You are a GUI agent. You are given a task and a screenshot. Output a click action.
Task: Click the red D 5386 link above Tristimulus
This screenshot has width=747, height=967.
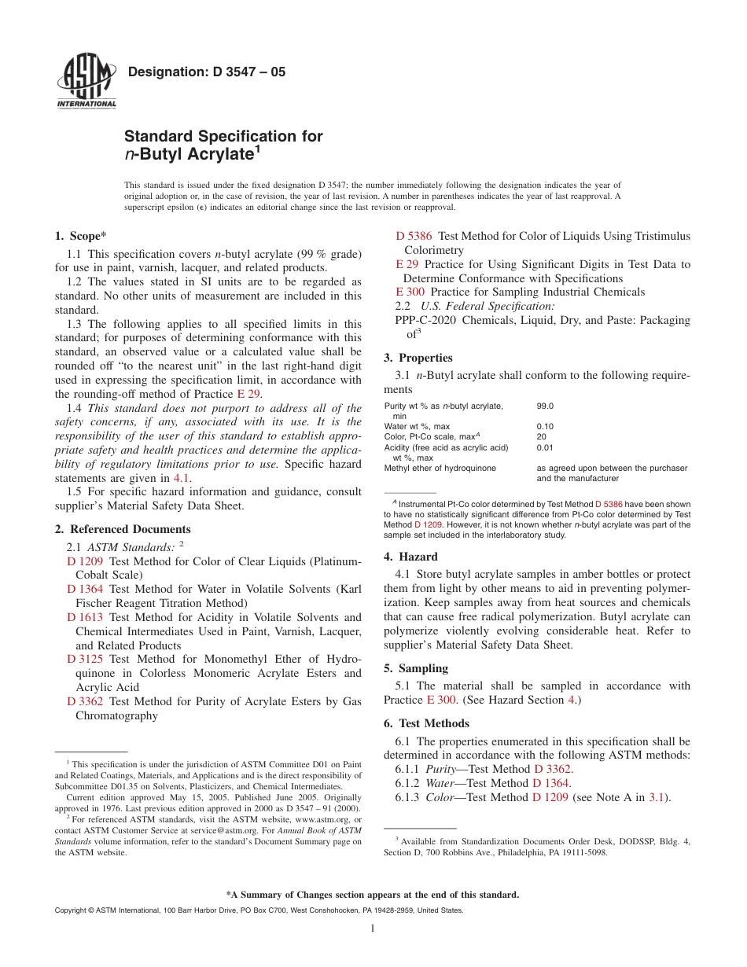pyautogui.click(x=414, y=236)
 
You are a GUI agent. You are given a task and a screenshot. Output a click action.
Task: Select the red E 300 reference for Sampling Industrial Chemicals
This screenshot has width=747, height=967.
pyautogui.click(x=410, y=292)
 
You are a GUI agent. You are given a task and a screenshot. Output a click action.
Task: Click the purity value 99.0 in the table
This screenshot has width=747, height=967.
pyautogui.click(x=545, y=406)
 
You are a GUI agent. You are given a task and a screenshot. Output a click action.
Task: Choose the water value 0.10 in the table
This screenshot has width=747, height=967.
pyautogui.click(x=545, y=426)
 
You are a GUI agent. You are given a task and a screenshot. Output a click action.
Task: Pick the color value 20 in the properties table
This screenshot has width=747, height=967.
pyautogui.click(x=541, y=436)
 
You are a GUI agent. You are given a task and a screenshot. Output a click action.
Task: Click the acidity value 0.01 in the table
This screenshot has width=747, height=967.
pyautogui.click(x=545, y=447)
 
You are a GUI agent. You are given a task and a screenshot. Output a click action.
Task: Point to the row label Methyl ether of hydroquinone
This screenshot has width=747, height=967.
pyautogui.click(x=440, y=468)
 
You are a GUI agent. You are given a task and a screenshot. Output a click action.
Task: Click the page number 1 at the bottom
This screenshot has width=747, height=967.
pyautogui.click(x=373, y=928)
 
